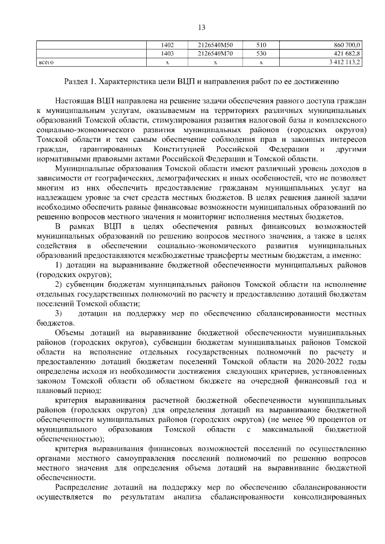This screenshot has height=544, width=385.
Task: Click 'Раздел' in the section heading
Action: pyautogui.click(x=78, y=81)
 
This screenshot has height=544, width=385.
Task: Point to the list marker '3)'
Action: pyautogui.click(x=59, y=314)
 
